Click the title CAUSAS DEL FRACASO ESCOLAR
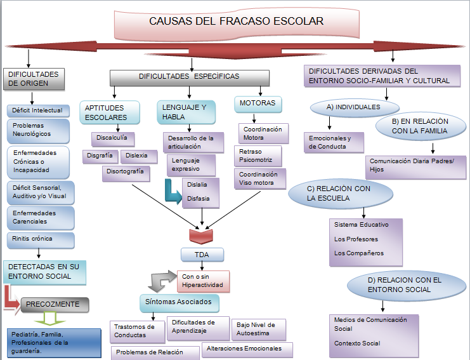pos(236,22)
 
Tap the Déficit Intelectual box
pos(39,110)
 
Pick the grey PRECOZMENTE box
pos(55,305)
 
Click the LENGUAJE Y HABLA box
pos(182,112)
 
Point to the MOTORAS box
pos(258,103)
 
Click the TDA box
pos(202,256)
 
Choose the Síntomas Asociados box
pos(179,302)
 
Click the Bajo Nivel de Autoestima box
pos(258,328)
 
